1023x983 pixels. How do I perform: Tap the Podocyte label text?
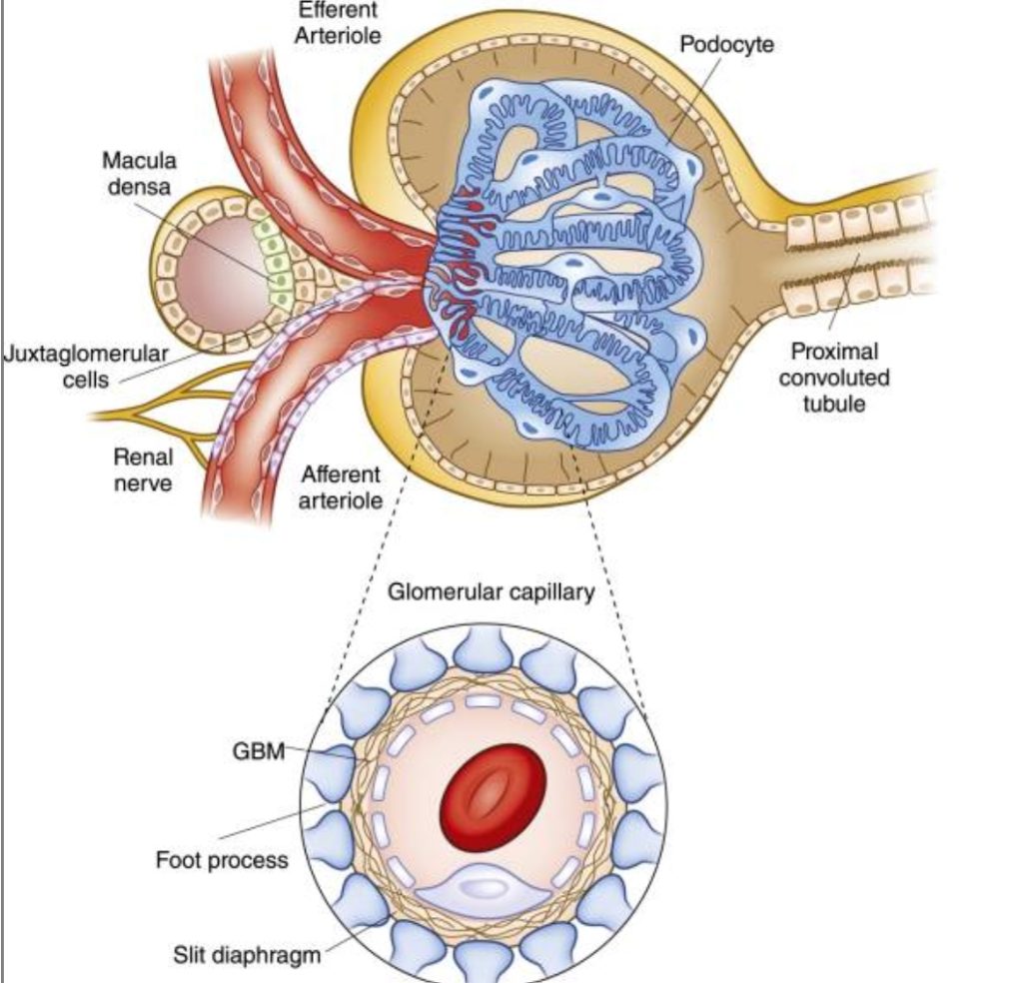tap(726, 45)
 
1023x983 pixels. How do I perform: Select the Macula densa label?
tap(139, 172)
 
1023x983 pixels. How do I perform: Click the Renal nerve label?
tap(143, 471)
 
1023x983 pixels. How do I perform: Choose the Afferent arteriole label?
tap(341, 487)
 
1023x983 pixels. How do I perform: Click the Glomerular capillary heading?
tap(490, 592)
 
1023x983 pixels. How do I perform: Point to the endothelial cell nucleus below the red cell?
tap(482, 885)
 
